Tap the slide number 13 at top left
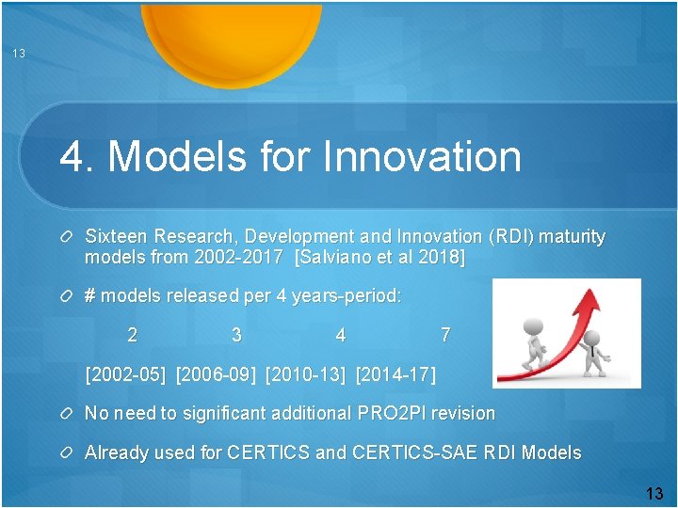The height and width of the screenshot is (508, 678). [19, 54]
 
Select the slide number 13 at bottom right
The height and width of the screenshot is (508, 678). [654, 493]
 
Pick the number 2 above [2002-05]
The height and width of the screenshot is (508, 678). [133, 335]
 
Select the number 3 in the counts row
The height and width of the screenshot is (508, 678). [236, 335]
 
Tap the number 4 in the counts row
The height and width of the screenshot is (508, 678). [340, 335]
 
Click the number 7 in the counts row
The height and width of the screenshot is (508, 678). [445, 335]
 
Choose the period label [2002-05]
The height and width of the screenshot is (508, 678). [125, 375]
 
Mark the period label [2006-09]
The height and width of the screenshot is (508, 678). [216, 375]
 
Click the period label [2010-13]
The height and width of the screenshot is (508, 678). [306, 375]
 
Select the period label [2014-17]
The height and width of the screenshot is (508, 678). [396, 375]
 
